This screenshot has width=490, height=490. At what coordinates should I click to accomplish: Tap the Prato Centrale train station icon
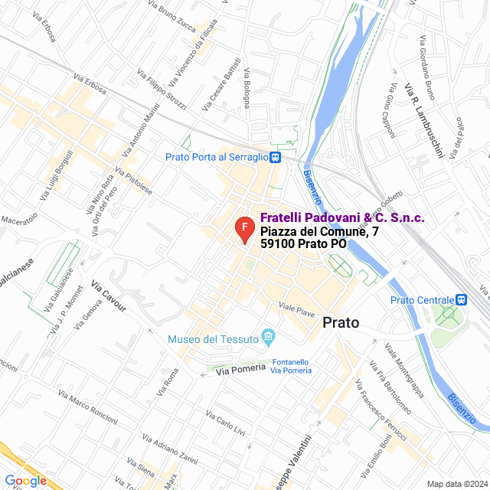(461, 300)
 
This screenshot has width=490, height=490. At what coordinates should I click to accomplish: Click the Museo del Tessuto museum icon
(268, 335)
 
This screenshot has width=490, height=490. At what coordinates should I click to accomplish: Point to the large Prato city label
(341, 322)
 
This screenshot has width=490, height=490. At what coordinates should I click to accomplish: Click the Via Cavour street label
(108, 296)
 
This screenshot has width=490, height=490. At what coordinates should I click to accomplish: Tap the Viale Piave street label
(297, 309)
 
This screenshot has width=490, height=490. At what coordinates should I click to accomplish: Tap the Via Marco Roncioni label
(88, 405)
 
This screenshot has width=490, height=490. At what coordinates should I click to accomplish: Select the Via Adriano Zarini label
(170, 449)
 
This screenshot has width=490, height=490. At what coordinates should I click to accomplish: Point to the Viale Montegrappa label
(404, 371)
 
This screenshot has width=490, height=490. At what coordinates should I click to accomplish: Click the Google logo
(25, 481)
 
